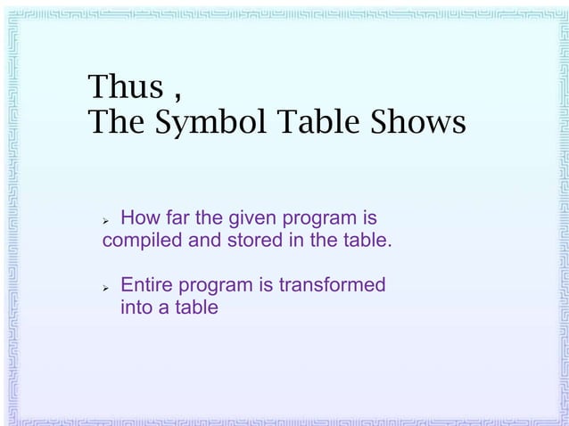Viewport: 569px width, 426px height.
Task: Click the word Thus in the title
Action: [x=126, y=87]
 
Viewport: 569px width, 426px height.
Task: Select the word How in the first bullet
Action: [x=139, y=218]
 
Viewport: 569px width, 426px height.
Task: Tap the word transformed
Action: [x=332, y=286]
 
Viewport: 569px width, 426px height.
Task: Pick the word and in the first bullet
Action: [x=205, y=241]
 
